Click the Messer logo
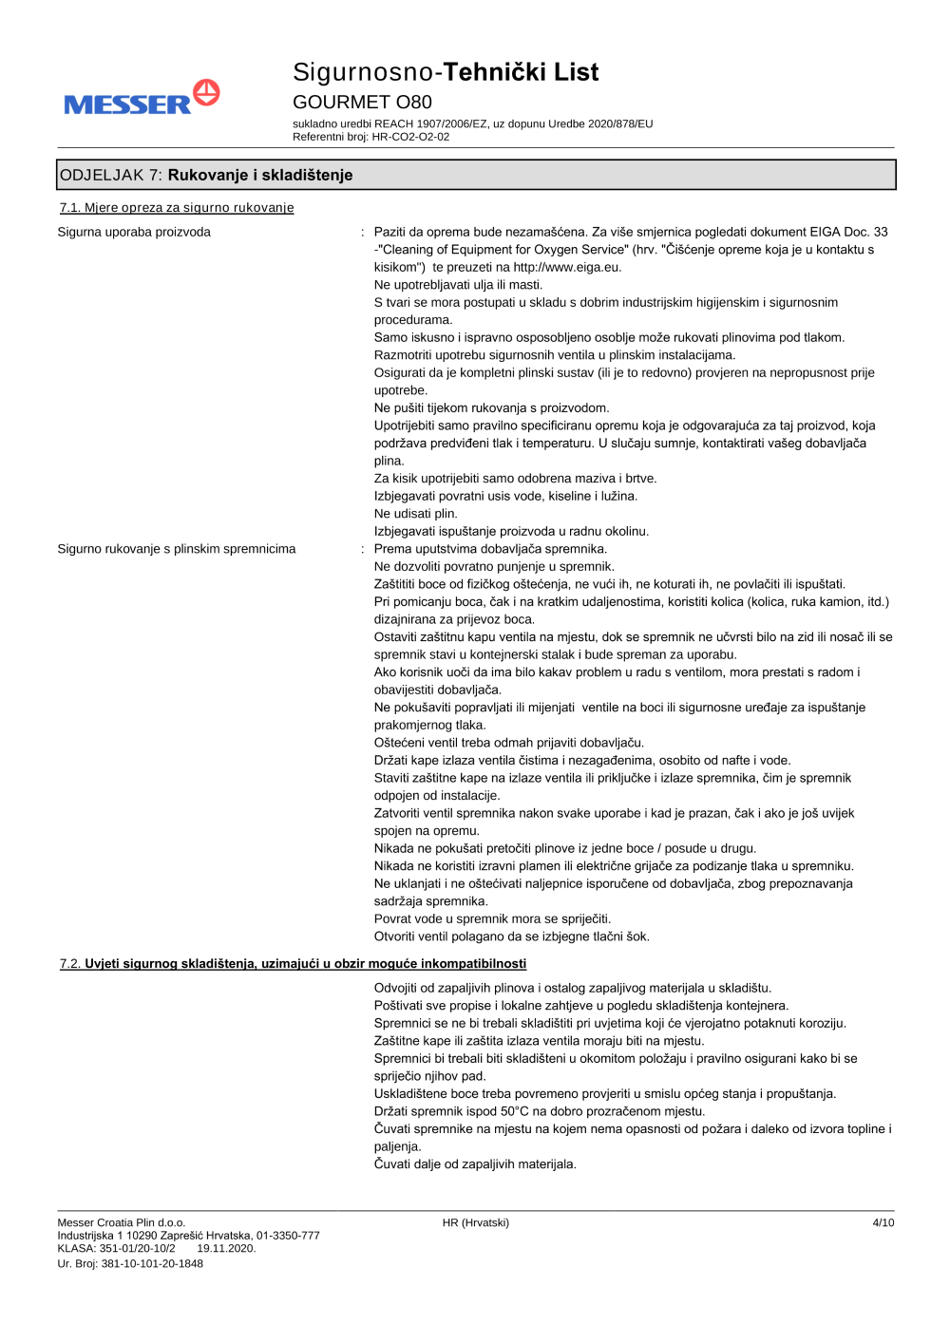point(142,99)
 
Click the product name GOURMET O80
point(362,103)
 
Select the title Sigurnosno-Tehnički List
point(446,72)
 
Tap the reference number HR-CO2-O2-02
point(410,137)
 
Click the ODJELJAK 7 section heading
point(206,175)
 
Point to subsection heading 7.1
point(177,208)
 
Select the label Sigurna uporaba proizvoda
point(134,232)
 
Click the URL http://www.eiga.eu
point(566,268)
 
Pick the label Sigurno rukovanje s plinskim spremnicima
point(177,549)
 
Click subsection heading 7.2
point(293,964)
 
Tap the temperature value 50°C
point(514,1111)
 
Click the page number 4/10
point(883,1223)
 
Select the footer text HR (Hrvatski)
point(475,1223)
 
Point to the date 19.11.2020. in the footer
point(226,1249)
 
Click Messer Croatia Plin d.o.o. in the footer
point(121,1223)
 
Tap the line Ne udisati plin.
point(415,514)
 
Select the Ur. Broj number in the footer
point(130,1264)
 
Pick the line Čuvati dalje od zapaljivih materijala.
point(475,1164)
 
